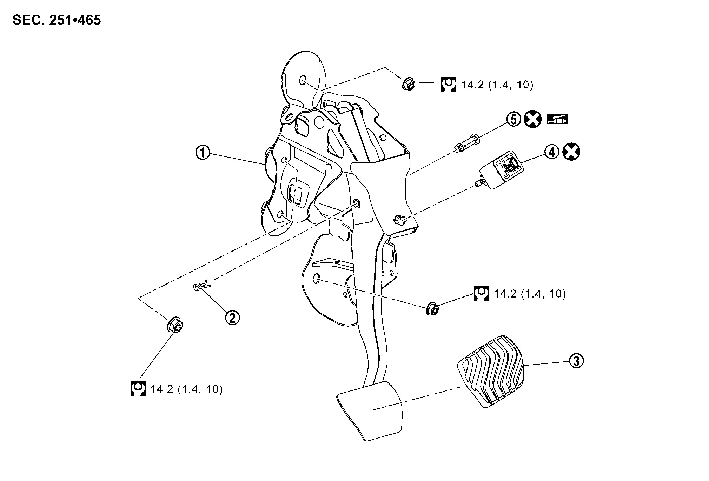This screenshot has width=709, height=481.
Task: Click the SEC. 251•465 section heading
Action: (57, 20)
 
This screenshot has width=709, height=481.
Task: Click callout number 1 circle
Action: (203, 153)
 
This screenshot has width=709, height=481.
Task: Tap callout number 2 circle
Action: (232, 318)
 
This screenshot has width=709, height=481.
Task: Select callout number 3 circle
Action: (576, 361)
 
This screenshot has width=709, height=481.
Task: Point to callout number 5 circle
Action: (513, 120)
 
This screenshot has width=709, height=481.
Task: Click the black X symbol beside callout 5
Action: (533, 120)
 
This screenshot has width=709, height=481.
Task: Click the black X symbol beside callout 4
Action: (571, 152)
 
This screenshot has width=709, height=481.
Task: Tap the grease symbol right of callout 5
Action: (557, 120)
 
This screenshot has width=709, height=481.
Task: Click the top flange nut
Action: (409, 83)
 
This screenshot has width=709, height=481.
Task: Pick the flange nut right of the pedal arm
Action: (432, 308)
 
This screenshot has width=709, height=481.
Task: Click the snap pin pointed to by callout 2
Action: (201, 285)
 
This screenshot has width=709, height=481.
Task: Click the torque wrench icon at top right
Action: (449, 85)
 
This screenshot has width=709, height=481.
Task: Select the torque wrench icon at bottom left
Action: (138, 389)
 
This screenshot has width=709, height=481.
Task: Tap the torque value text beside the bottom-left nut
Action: (187, 389)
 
